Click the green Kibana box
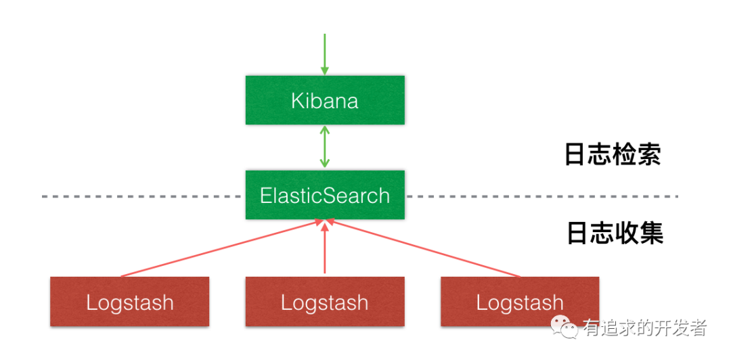click(x=325, y=100)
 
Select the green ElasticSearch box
click(x=325, y=195)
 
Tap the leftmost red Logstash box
click(x=129, y=302)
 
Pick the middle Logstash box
click(x=325, y=302)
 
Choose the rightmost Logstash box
click(x=520, y=302)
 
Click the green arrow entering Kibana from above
click(x=324, y=54)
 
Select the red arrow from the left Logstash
click(x=221, y=248)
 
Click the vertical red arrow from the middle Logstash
click(x=325, y=247)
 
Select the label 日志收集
click(x=615, y=233)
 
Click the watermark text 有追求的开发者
click(x=644, y=328)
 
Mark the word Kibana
click(x=325, y=101)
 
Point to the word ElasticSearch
click(x=325, y=196)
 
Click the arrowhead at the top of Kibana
click(x=324, y=71)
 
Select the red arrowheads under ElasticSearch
click(x=325, y=223)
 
